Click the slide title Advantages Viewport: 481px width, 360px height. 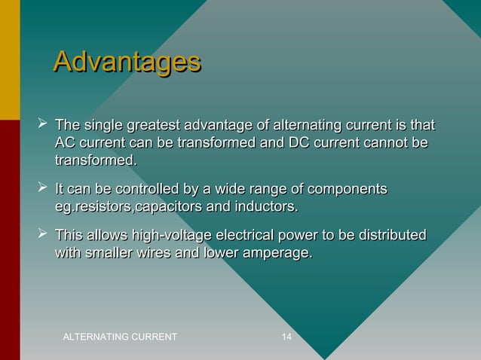(x=127, y=63)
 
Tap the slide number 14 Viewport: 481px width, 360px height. (x=286, y=335)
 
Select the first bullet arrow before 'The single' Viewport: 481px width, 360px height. (x=42, y=122)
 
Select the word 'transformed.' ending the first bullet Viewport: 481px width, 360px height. (x=96, y=160)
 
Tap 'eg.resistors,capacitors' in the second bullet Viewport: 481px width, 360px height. (x=128, y=206)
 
